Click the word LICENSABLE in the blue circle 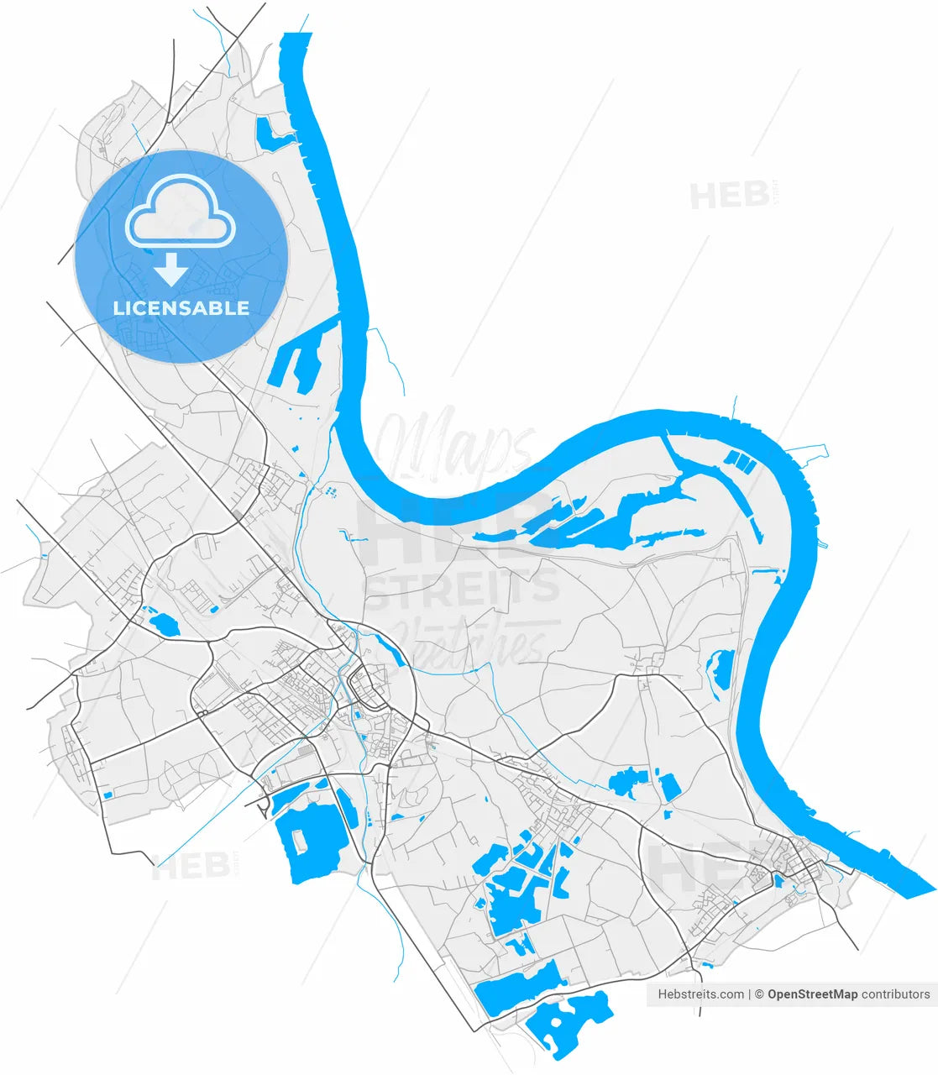tap(181, 308)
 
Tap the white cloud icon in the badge tap(181, 216)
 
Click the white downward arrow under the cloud tap(171, 270)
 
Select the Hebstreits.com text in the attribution tap(700, 994)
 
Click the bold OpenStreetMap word tap(812, 994)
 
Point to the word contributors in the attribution tap(896, 994)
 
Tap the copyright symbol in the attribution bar tap(758, 994)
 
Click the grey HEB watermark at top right tap(730, 197)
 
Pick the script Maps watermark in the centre tap(453, 441)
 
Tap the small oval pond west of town tap(162, 624)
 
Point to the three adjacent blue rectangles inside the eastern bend tap(736, 459)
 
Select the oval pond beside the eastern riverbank tap(719, 672)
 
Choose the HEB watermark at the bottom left tap(191, 867)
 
